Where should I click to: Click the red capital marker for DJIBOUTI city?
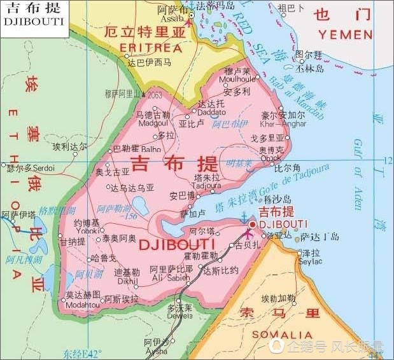click(x=252, y=224)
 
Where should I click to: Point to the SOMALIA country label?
click(x=282, y=335)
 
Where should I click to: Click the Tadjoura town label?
click(x=208, y=185)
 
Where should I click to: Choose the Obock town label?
click(x=271, y=158)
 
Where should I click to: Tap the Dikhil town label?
click(x=126, y=279)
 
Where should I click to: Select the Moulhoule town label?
click(x=238, y=79)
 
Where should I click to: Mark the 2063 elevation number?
click(x=155, y=94)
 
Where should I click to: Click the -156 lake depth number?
click(x=131, y=216)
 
